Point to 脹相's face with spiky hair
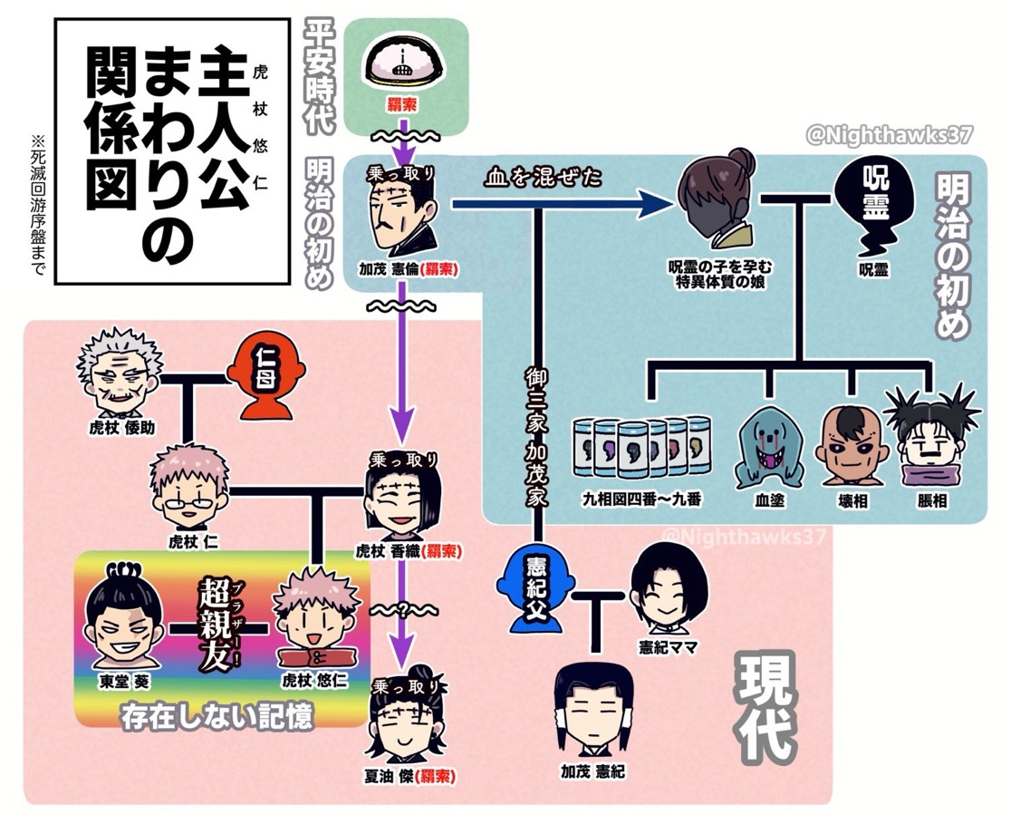pos(930,439)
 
